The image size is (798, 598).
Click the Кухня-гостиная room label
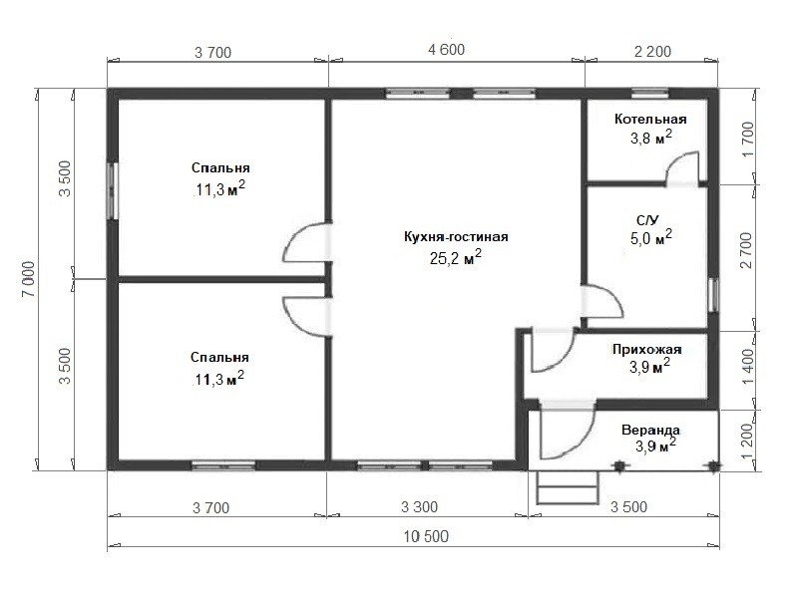pos(456,237)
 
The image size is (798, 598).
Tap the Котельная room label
pos(650,119)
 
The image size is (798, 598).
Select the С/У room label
pos(647,219)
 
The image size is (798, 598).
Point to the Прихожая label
pos(646,350)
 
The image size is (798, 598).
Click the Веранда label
pos(650,431)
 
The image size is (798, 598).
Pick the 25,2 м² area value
pos(456,257)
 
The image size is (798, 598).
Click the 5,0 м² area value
pos(651,237)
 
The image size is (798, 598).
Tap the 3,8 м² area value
pos(651,137)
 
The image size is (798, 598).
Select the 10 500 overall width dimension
pos(426,536)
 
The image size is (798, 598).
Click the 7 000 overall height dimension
pos(29,279)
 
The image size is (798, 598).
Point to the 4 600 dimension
pos(446,50)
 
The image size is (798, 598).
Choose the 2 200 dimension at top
pos(652,52)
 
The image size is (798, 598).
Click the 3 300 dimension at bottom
pos(419,507)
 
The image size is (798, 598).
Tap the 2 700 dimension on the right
pos(746,250)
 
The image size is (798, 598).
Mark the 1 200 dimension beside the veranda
pos(746,441)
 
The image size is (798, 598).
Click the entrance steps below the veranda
pos(568,487)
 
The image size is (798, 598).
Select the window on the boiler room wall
pos(650,93)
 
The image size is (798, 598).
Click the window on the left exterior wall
pos(113,190)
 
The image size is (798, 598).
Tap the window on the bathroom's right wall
pos(713,295)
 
